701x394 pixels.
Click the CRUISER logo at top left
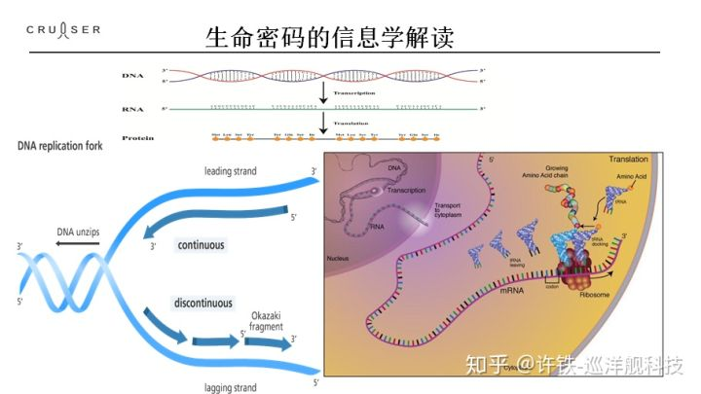pos(63,30)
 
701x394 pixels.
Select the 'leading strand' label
pos(231,171)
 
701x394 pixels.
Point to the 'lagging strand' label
pos(231,387)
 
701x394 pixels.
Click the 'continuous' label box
pos(201,245)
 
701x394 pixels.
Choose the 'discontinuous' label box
pos(203,303)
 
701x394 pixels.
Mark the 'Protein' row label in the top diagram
pos(137,138)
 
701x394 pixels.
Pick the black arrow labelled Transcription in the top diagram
pos(322,93)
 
